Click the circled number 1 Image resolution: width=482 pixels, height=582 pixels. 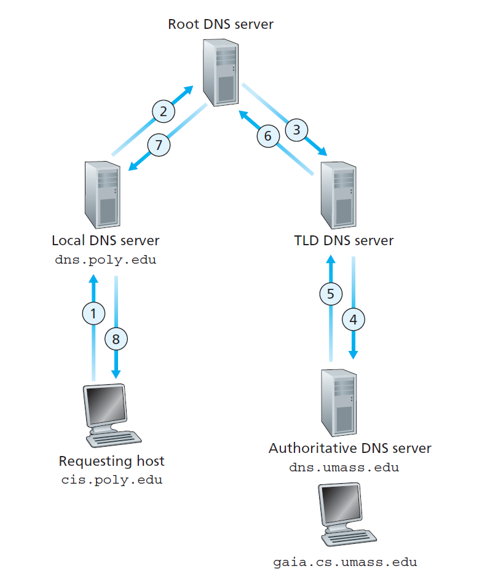click(93, 313)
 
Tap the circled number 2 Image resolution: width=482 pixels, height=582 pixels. click(163, 111)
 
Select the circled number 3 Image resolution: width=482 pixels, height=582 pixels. click(297, 130)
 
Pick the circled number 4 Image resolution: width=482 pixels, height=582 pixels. click(353, 319)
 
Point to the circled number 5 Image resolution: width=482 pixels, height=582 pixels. click(331, 294)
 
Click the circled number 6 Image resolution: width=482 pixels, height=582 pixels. click(267, 136)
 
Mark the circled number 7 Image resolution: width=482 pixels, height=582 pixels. click(159, 146)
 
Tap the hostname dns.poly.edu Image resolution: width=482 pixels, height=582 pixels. click(106, 259)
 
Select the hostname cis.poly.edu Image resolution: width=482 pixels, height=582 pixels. click(111, 479)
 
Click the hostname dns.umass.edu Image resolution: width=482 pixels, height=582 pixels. click(344, 468)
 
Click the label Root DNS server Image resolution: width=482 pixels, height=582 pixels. click(220, 25)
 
